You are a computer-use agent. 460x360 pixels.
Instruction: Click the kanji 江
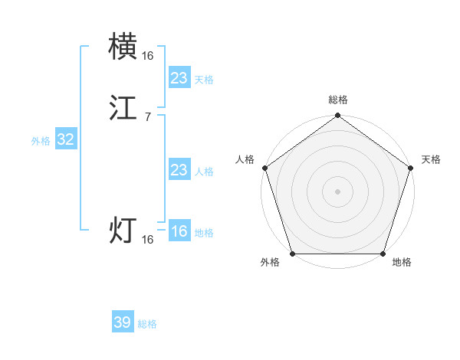(x=123, y=107)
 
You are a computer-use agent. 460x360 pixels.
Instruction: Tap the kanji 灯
(x=123, y=231)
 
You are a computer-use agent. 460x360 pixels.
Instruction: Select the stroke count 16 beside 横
(x=147, y=56)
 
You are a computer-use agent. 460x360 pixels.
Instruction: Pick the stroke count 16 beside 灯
(x=147, y=240)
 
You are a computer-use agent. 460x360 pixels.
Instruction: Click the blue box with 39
(x=123, y=322)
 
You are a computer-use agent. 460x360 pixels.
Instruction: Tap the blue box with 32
(x=65, y=139)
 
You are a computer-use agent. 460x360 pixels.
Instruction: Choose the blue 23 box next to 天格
(x=179, y=77)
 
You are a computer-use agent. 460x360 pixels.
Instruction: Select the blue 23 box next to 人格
(x=179, y=170)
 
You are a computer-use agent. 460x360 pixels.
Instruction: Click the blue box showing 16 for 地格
(x=179, y=231)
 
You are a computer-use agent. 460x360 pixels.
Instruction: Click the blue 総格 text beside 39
(x=147, y=324)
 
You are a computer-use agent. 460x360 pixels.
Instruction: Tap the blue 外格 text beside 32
(x=41, y=141)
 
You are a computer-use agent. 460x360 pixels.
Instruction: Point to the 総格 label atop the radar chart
(x=337, y=100)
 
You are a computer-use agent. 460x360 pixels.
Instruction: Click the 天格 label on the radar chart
(x=431, y=159)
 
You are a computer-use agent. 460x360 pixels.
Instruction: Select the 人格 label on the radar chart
(x=245, y=159)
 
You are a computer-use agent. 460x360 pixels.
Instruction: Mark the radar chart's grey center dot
(x=337, y=191)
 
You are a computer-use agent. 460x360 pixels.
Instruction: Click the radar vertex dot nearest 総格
(x=337, y=116)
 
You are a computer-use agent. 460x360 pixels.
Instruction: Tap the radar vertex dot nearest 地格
(x=383, y=254)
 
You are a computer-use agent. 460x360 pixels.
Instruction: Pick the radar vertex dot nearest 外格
(x=292, y=254)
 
